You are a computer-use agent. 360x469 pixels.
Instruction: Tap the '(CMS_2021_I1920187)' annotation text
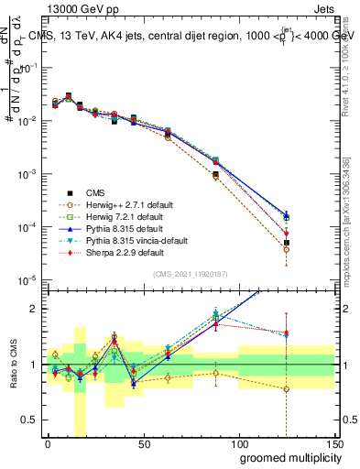(x=191, y=274)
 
